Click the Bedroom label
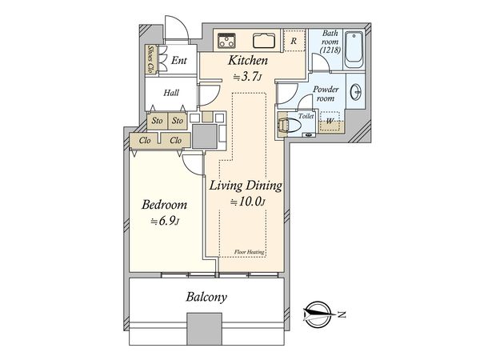(164, 205)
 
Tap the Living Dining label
(246, 186)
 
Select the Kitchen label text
(248, 60)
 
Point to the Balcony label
(206, 297)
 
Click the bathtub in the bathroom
(354, 50)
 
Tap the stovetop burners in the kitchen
(226, 41)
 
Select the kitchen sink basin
(264, 41)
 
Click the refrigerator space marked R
(294, 40)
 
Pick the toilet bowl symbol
(289, 125)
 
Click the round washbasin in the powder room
(356, 91)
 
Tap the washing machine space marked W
(330, 121)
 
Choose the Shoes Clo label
(150, 59)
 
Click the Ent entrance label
(178, 60)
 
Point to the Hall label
(171, 93)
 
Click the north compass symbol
(318, 314)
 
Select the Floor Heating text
(249, 252)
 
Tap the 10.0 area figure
(248, 202)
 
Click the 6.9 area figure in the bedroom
(165, 221)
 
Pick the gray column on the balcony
(204, 329)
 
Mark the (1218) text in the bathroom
(330, 50)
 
